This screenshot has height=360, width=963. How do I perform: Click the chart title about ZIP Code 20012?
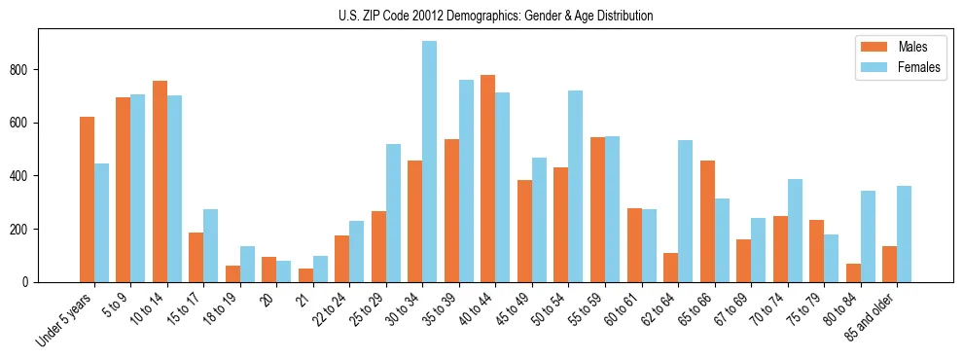(x=481, y=16)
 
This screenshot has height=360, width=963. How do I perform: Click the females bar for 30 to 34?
(x=429, y=162)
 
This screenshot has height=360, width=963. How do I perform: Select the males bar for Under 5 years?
(x=87, y=199)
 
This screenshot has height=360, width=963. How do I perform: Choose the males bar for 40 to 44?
(x=487, y=178)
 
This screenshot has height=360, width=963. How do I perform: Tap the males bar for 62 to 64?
(x=670, y=268)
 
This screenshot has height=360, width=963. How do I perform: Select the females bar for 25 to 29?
(x=393, y=213)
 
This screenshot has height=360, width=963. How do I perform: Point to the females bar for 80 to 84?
(x=867, y=236)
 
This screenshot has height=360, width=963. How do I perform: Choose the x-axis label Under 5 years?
(x=66, y=318)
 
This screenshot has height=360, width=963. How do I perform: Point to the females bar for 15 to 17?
(x=210, y=245)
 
